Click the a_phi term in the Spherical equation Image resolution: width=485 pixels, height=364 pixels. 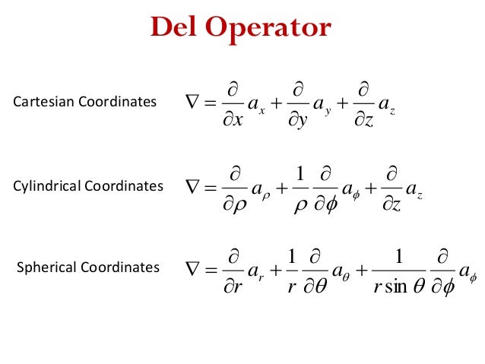point(464,270)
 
